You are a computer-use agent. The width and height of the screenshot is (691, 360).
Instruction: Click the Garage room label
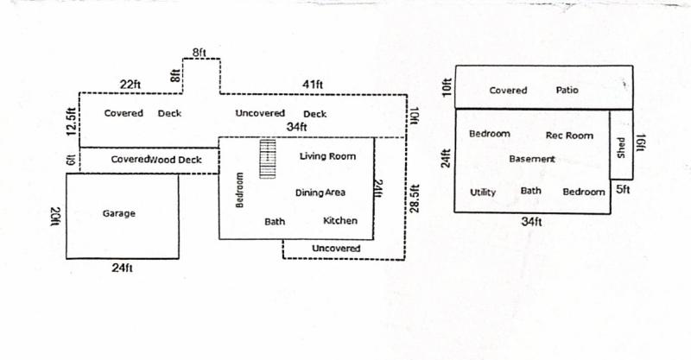click(x=119, y=214)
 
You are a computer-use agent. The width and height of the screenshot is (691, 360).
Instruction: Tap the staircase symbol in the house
click(x=268, y=159)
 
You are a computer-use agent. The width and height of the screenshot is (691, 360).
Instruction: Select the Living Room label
click(x=327, y=156)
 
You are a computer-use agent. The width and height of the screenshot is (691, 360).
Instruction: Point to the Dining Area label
click(x=320, y=193)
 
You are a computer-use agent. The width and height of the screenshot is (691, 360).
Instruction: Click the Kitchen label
click(x=340, y=221)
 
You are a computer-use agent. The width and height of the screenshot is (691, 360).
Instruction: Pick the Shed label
click(x=621, y=148)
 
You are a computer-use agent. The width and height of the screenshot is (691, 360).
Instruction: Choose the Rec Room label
click(x=569, y=136)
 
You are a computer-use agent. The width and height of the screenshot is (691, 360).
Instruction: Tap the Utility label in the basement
click(x=483, y=193)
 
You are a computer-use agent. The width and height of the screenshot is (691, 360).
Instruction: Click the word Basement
click(x=532, y=159)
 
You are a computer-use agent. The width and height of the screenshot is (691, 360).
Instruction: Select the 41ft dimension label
click(x=313, y=84)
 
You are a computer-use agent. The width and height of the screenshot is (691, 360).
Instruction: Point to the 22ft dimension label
click(x=130, y=84)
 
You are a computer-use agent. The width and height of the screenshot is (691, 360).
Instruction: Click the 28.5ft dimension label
click(x=415, y=199)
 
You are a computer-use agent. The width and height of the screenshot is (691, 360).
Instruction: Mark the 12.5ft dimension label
click(x=72, y=122)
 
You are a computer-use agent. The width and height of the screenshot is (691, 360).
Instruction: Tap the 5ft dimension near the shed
click(x=623, y=189)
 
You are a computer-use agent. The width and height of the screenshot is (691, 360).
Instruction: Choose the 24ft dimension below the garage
click(x=122, y=268)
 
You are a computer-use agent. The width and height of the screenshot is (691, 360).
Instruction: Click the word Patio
click(x=567, y=90)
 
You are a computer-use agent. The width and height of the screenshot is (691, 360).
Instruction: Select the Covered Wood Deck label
click(x=156, y=160)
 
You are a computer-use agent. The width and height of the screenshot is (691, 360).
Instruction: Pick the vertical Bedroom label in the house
click(x=239, y=190)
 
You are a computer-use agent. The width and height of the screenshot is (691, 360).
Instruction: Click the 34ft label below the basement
click(x=531, y=221)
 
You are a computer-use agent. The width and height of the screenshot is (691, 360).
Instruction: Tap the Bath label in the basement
click(x=530, y=191)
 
